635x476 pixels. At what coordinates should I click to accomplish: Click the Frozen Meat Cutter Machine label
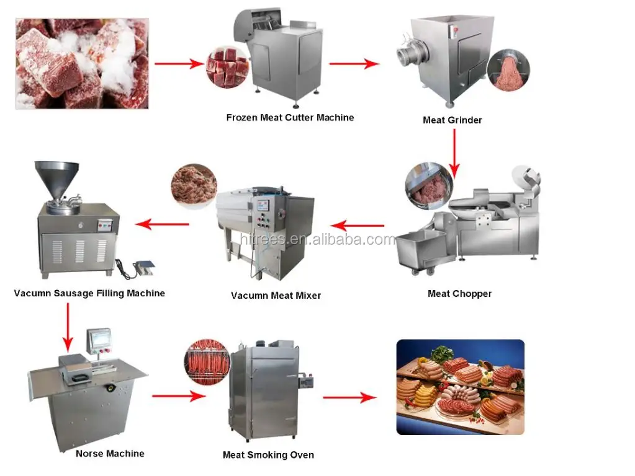pos(290,117)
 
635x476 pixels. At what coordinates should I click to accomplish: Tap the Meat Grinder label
pos(452,120)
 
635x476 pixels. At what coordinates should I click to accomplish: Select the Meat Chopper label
pos(459,294)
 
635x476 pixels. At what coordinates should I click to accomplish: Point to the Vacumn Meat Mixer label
pos(276,296)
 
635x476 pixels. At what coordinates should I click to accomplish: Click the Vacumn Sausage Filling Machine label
pos(89,293)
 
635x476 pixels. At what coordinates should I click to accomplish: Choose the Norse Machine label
pos(110,454)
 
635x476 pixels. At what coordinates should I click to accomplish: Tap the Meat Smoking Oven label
pos(268,455)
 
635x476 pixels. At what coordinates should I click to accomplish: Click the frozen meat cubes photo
pos(82,63)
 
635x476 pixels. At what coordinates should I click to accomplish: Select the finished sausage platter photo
pos(460,387)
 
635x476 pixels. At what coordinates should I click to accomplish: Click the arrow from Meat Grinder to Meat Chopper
pos(454,151)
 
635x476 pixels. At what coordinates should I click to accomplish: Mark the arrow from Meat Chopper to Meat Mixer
pos(358,226)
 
